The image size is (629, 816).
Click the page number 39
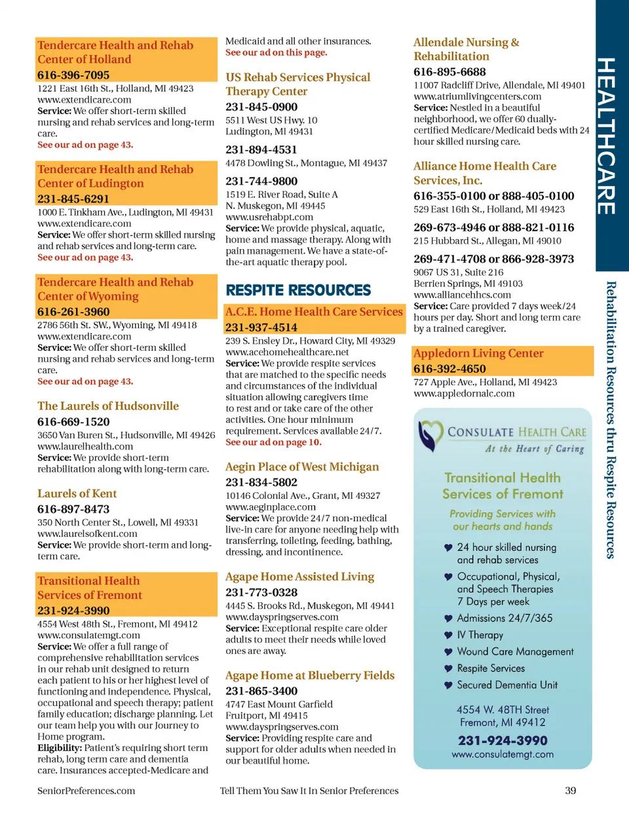point(570,790)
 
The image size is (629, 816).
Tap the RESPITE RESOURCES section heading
point(298,290)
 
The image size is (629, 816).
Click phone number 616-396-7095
point(73,75)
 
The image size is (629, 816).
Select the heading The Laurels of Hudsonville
point(108,406)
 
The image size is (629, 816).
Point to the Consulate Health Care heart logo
point(430,436)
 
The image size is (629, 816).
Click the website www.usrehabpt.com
point(269,217)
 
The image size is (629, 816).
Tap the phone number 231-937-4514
point(261,327)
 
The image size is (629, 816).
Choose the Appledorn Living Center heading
point(478,353)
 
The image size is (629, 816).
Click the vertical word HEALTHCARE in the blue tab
point(606,136)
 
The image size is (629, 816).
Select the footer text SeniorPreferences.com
point(86,790)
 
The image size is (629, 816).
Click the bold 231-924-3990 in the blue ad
point(503,741)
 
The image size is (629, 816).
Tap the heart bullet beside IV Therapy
point(448,635)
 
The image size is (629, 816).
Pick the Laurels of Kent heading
point(77,494)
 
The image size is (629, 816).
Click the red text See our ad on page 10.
point(273,442)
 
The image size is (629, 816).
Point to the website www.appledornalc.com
point(464,393)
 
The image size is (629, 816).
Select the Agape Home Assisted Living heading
point(300,577)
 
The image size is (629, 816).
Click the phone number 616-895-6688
point(449,71)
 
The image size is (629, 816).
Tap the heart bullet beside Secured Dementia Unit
point(448,685)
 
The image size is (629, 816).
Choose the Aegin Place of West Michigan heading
point(302,467)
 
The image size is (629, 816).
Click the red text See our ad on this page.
point(276,52)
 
